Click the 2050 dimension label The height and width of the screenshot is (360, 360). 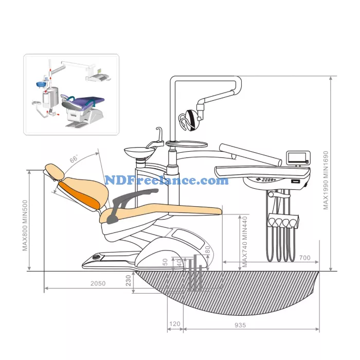click(98, 283)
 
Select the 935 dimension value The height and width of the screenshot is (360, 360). click(240, 325)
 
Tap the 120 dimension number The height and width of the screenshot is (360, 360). click(175, 325)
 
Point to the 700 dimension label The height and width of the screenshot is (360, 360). click(304, 257)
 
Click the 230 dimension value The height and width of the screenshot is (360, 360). click(129, 281)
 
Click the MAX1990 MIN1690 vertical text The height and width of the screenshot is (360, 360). click(325, 180)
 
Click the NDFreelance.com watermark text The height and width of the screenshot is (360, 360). click(167, 181)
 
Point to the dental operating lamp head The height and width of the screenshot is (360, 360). click(189, 119)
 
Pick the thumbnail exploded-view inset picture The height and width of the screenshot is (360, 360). click(71, 94)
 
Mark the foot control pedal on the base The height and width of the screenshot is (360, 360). click(96, 256)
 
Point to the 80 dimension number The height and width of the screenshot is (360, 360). click(207, 250)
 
